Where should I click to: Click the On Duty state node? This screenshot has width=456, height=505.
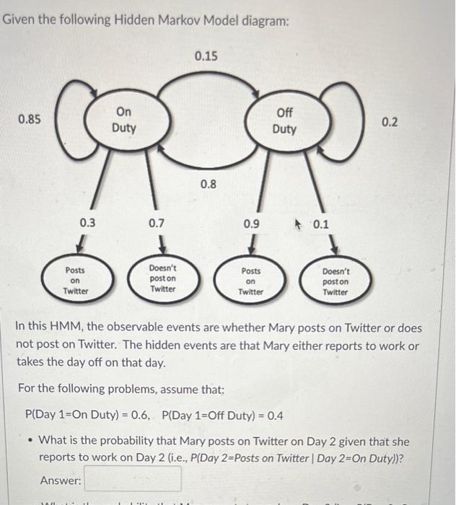123,120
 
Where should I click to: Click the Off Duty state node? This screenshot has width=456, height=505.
284,120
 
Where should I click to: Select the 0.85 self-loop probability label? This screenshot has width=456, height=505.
29,119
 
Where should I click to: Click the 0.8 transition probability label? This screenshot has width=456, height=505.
208,184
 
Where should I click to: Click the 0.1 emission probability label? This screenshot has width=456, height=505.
320,224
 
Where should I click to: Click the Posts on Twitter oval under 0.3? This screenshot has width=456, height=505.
75,281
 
